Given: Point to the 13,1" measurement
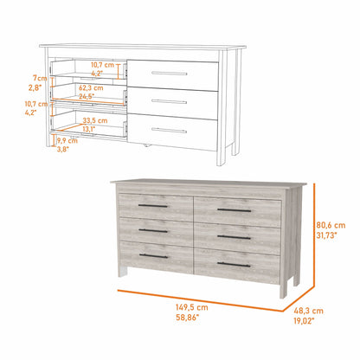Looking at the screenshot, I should tap(88, 129).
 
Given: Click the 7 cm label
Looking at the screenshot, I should tap(35, 78).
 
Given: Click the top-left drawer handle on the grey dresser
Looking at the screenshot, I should tap(153, 207).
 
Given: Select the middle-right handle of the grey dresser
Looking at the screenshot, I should tap(233, 237).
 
